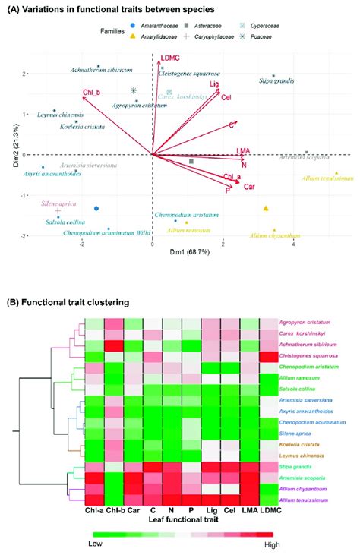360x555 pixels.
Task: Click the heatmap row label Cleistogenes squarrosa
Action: coord(310,357)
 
